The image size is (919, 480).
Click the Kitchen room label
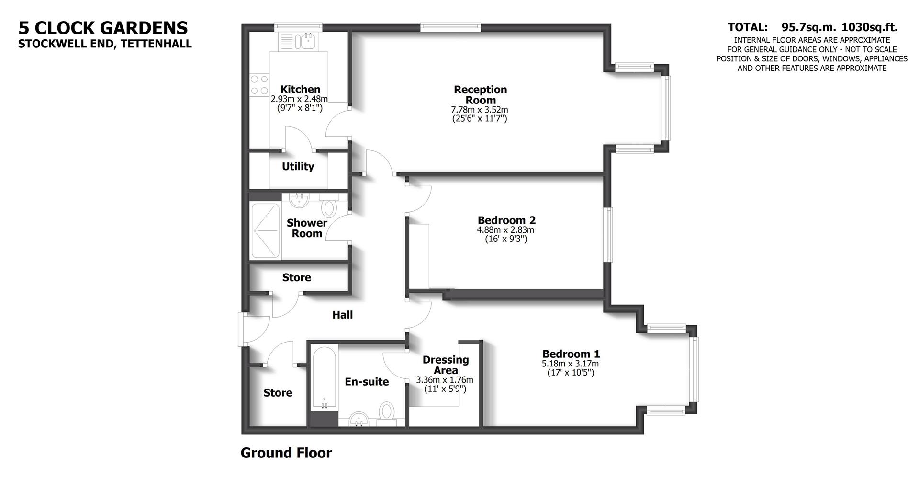tap(300, 90)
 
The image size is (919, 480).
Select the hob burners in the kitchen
tap(259, 84)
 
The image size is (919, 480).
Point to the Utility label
tap(298, 167)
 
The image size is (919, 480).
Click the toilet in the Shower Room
tap(329, 207)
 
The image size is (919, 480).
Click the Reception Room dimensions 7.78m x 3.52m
tap(480, 110)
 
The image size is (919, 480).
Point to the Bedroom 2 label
tap(506, 220)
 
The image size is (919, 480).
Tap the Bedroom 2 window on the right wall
tap(608, 235)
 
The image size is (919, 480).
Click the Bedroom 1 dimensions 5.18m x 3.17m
tap(571, 364)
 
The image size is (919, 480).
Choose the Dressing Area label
tap(445, 365)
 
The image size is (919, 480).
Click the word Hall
tap(343, 315)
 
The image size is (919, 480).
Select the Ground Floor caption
tap(286, 453)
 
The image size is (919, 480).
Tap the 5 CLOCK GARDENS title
tap(103, 28)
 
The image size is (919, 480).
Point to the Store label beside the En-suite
tap(278, 393)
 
